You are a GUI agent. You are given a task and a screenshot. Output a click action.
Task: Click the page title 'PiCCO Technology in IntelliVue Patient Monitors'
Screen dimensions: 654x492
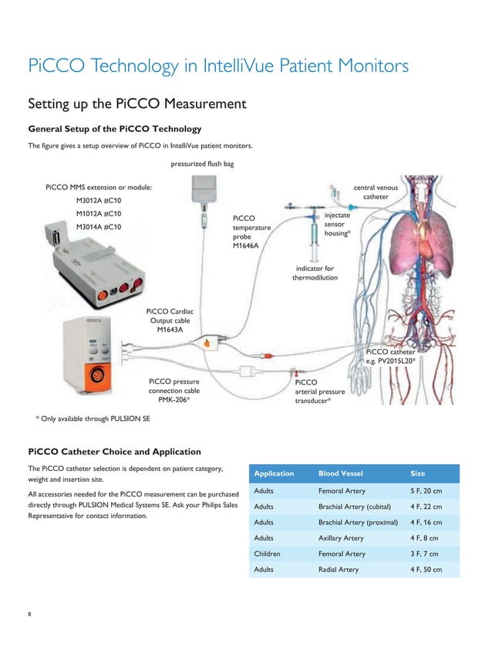pyautogui.click(x=218, y=66)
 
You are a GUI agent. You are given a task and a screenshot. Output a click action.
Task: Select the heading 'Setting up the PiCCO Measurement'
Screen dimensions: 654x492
pyautogui.click(x=136, y=103)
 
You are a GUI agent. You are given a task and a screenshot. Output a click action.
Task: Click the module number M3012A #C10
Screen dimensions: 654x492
pyautogui.click(x=98, y=201)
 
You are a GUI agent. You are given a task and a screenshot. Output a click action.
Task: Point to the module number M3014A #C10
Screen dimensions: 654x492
pyautogui.click(x=98, y=227)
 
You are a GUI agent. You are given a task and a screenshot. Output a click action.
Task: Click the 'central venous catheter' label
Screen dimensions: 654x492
pyautogui.click(x=376, y=192)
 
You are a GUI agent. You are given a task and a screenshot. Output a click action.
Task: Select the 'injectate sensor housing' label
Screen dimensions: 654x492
pyautogui.click(x=338, y=224)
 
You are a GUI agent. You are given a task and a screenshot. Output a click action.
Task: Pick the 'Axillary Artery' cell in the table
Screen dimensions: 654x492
pyautogui.click(x=341, y=538)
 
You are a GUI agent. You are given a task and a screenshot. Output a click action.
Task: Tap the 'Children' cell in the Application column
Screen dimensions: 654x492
pyautogui.click(x=267, y=554)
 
